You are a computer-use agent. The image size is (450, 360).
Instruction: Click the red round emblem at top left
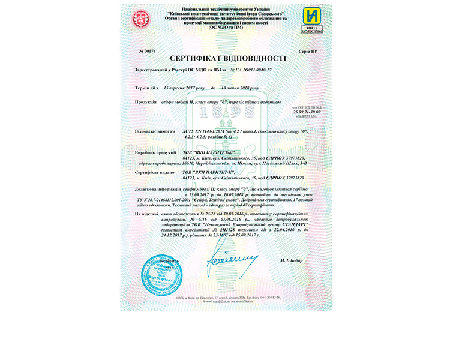(x=142, y=20)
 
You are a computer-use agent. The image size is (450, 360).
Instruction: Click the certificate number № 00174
(x=146, y=52)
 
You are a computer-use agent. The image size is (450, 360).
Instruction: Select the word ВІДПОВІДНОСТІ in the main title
(x=256, y=58)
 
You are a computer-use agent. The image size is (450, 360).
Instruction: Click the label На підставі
(x=147, y=214)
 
